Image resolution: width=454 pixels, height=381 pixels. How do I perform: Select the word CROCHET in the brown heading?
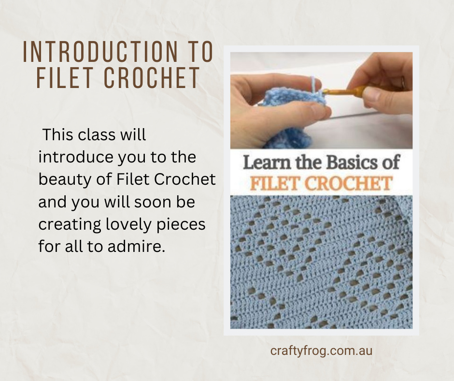point(152,78)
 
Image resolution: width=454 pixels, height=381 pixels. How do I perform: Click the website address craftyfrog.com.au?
point(321,351)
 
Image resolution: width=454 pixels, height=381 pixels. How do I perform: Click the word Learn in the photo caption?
point(267,162)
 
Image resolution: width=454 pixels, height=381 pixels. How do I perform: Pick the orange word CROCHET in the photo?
point(348,184)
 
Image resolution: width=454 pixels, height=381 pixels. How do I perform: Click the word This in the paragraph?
point(57,135)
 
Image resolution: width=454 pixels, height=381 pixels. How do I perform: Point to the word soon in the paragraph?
point(153,202)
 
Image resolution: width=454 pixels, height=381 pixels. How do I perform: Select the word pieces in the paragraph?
point(181,225)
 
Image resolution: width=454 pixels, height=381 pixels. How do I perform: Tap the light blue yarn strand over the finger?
point(313,84)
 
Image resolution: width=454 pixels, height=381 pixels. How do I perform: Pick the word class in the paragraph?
point(97,135)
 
